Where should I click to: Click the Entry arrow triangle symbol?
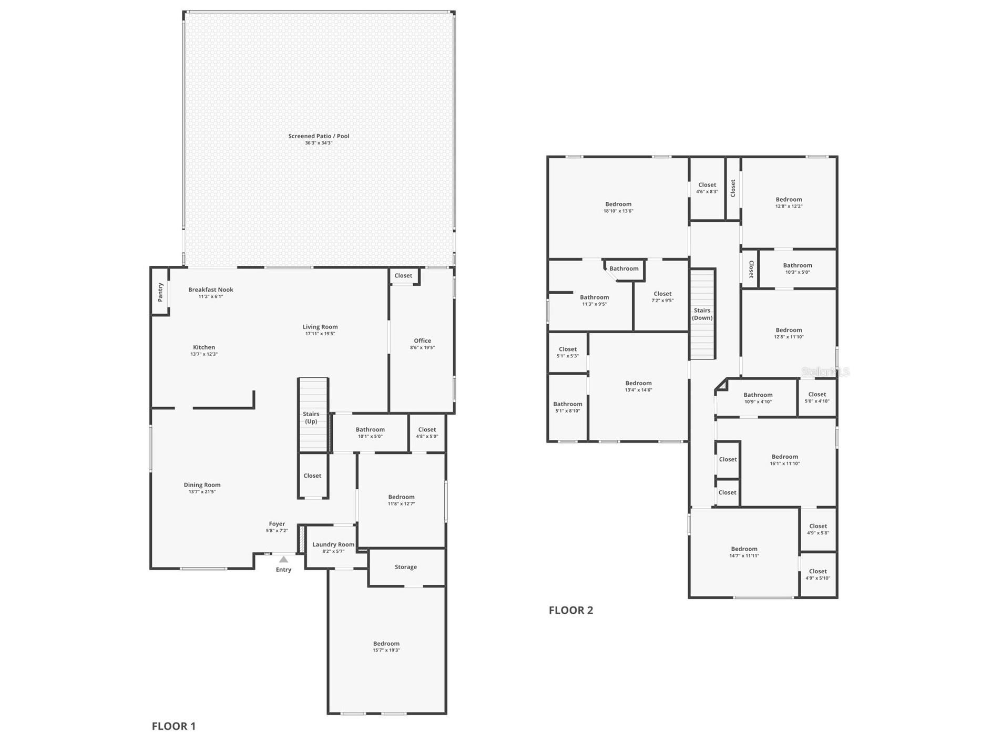(283, 559)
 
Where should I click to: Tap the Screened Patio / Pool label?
(319, 136)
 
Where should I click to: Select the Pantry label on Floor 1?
(160, 292)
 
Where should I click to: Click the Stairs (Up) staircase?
(313, 415)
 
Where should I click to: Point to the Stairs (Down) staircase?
(702, 314)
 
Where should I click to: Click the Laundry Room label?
(333, 544)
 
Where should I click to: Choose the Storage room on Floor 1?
(406, 567)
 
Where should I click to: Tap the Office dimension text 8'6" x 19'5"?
(422, 348)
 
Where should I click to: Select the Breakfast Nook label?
(211, 290)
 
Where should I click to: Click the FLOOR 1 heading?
(173, 726)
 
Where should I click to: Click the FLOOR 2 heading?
(571, 610)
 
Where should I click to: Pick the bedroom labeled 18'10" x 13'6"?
(618, 208)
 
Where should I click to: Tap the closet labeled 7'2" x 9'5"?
(662, 297)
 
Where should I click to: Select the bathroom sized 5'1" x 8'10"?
(568, 407)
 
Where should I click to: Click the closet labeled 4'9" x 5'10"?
(818, 574)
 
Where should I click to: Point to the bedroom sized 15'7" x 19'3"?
(386, 647)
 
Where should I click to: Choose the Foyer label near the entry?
(277, 524)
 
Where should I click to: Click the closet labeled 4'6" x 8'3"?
(707, 188)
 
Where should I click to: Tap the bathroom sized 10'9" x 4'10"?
(758, 398)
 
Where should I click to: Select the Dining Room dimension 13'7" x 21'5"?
(202, 492)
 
